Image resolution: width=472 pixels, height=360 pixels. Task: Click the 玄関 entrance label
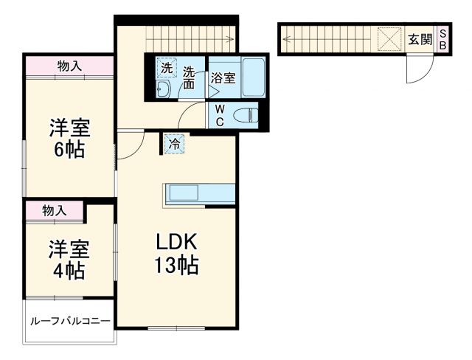pos(420,38)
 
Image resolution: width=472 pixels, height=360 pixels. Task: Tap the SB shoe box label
pos(442,38)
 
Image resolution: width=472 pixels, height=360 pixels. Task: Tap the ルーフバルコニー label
pos(70,322)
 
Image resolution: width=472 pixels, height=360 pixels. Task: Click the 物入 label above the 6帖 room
pos(69,66)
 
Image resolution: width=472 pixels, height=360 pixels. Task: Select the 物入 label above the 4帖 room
pos(54,211)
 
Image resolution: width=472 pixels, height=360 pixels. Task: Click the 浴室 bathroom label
pos(223,77)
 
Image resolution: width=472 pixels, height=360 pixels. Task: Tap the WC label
pos(220,115)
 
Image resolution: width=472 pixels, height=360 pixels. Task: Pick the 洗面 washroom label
pos(190,78)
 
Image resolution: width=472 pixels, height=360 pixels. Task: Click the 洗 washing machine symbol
pos(166,68)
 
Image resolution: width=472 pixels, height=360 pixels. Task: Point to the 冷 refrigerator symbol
pos(174,145)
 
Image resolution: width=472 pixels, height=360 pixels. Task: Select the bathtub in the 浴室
pos(251,76)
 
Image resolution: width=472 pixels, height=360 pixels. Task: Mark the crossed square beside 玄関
pos(388,38)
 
